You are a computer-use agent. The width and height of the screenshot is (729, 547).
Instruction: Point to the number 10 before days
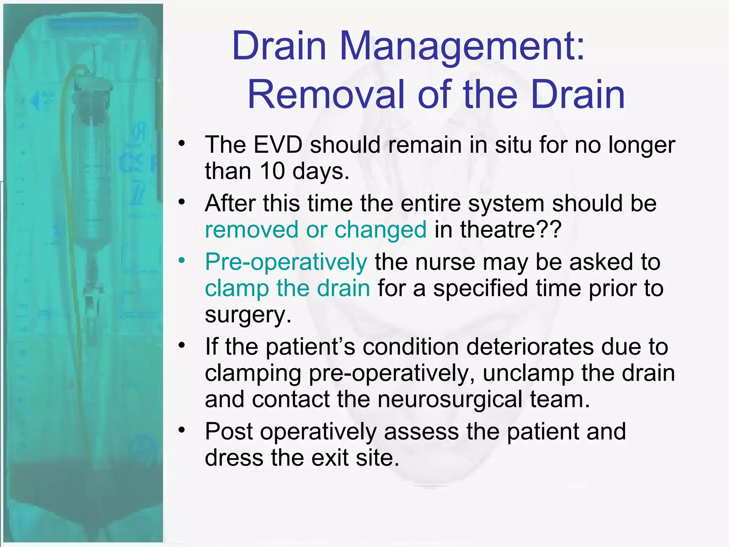[272, 171]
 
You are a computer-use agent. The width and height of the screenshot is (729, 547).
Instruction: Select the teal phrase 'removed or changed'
[316, 230]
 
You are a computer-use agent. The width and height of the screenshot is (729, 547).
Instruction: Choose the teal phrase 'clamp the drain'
[288, 288]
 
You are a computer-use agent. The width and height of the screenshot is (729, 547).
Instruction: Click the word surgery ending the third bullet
[248, 315]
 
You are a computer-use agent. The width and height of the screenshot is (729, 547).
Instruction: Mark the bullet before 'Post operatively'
[182, 430]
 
